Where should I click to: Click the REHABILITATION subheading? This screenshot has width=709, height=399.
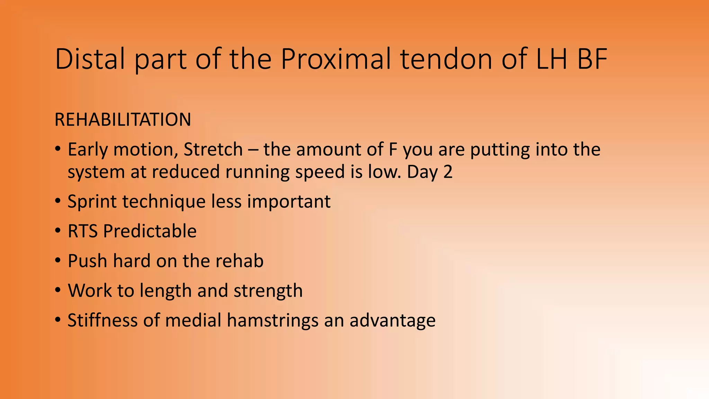(x=123, y=120)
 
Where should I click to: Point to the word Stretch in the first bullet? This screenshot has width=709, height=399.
(x=213, y=150)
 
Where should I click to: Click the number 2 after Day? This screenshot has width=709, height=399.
(x=448, y=172)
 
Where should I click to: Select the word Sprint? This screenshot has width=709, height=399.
(x=92, y=202)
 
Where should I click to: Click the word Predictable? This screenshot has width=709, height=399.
(x=150, y=231)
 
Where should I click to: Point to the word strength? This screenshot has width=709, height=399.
(x=268, y=291)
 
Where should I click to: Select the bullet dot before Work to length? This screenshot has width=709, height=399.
(x=58, y=291)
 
